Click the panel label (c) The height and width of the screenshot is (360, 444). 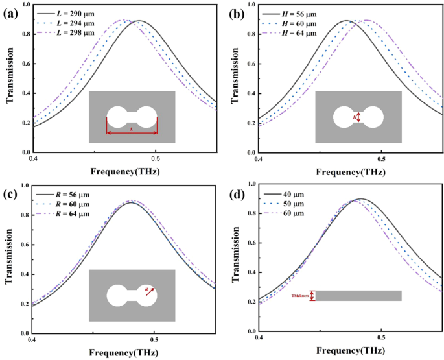pos(11,192)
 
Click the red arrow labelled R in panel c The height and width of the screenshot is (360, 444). pos(148,291)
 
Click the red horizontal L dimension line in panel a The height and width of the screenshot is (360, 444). pos(132,134)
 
